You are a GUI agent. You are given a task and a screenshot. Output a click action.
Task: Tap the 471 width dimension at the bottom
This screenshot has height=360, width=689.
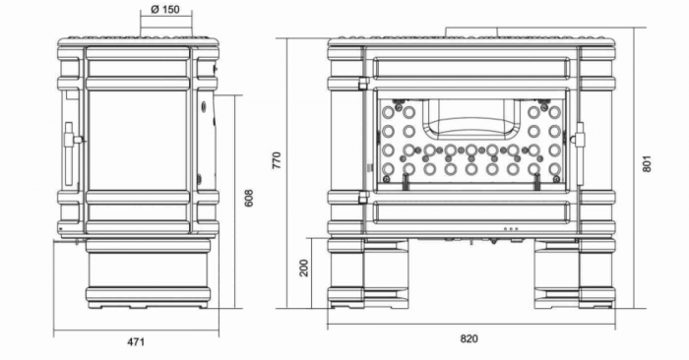pyautogui.click(x=136, y=341)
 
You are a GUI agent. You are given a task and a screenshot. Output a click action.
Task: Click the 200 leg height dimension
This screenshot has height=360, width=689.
pyautogui.click(x=304, y=268)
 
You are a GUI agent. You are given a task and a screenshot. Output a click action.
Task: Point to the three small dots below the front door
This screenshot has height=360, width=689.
pyautogui.click(x=510, y=230)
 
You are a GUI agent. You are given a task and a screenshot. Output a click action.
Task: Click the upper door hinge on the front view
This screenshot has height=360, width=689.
pyautogui.click(x=364, y=84)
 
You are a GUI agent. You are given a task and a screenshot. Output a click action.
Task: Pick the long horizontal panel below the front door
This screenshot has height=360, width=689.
pyautogui.click(x=470, y=210)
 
